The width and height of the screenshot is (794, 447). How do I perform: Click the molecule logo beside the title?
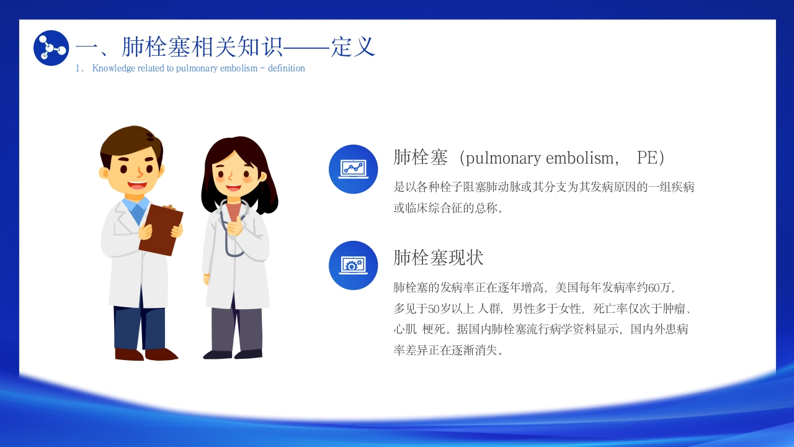click(51, 48)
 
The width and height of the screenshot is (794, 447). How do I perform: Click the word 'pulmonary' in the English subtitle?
click(197, 68)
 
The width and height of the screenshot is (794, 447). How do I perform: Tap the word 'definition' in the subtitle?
click(287, 68)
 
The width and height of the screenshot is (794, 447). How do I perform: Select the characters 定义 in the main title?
click(353, 47)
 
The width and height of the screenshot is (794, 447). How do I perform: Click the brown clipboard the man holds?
click(161, 230)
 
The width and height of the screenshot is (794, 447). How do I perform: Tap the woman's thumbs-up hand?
click(235, 225)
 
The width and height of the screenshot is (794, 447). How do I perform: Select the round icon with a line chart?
click(354, 169)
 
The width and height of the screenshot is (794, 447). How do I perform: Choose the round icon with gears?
click(354, 265)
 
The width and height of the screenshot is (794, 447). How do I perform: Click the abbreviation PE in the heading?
click(647, 158)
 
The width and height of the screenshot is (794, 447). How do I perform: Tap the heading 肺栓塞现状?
click(439, 258)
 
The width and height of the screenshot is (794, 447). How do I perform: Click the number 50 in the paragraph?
click(434, 309)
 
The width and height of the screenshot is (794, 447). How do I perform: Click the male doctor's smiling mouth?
click(137, 185)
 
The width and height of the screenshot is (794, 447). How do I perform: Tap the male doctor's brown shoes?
click(146, 354)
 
